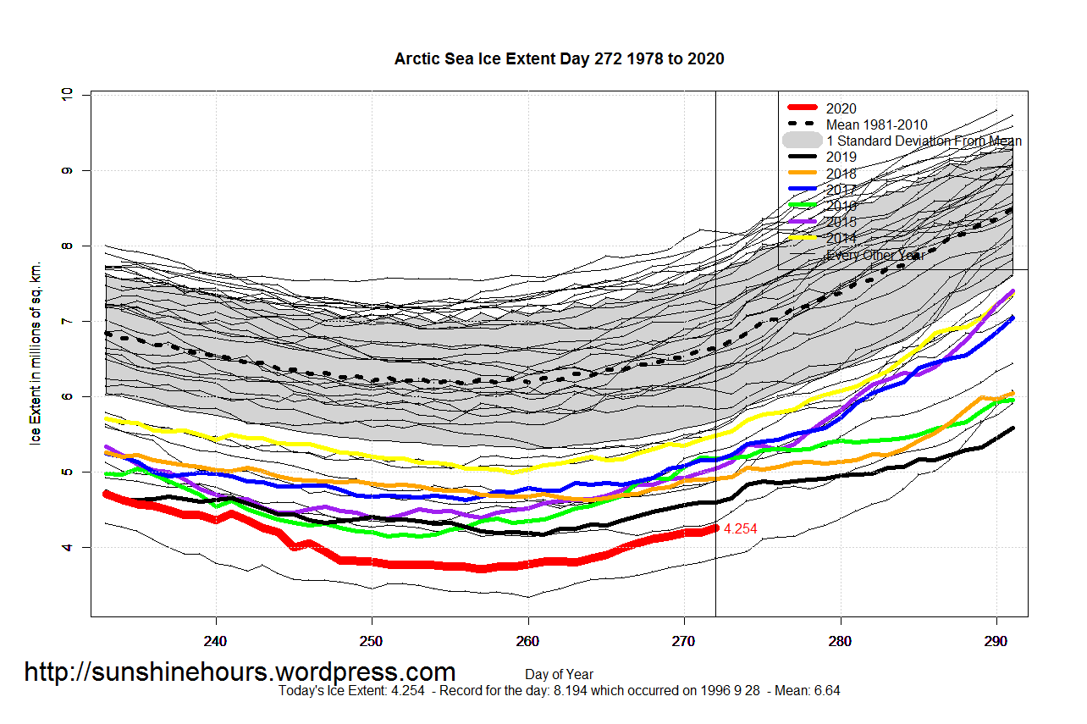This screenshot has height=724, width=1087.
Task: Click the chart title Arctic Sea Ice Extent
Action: point(559,59)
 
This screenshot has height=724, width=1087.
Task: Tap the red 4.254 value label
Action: point(741,528)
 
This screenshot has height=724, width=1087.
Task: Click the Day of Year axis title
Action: point(559,675)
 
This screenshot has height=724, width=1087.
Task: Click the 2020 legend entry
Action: point(841,108)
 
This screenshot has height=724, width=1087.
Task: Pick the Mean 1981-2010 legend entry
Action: point(876,124)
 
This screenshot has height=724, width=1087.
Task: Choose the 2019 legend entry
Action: point(841,157)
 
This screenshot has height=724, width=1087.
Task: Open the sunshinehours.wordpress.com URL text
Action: point(240,672)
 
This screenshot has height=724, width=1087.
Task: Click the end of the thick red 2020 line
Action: point(715,528)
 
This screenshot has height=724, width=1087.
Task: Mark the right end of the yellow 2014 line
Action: point(1013,296)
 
